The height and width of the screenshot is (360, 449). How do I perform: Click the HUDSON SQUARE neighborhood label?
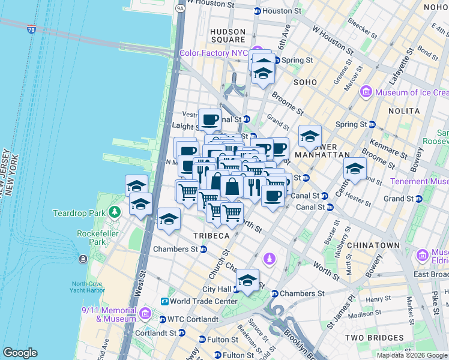tap(228, 37)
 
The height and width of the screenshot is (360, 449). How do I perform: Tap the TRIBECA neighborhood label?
tap(211, 236)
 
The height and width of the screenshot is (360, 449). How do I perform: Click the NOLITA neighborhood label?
tap(403, 111)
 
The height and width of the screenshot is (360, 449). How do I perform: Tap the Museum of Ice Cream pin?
tap(366, 92)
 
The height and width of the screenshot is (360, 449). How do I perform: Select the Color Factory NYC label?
tap(214, 53)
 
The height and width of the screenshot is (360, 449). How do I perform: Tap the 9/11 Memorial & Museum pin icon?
tap(145, 313)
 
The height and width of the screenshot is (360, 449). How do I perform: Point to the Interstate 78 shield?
tap(31, 29)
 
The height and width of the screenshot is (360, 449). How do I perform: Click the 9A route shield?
tap(180, 8)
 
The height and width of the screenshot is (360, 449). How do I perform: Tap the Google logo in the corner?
tap(20, 353)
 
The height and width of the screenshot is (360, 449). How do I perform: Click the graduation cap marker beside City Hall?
tap(247, 280)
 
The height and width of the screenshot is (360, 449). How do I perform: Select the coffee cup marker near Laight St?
tap(209, 119)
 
